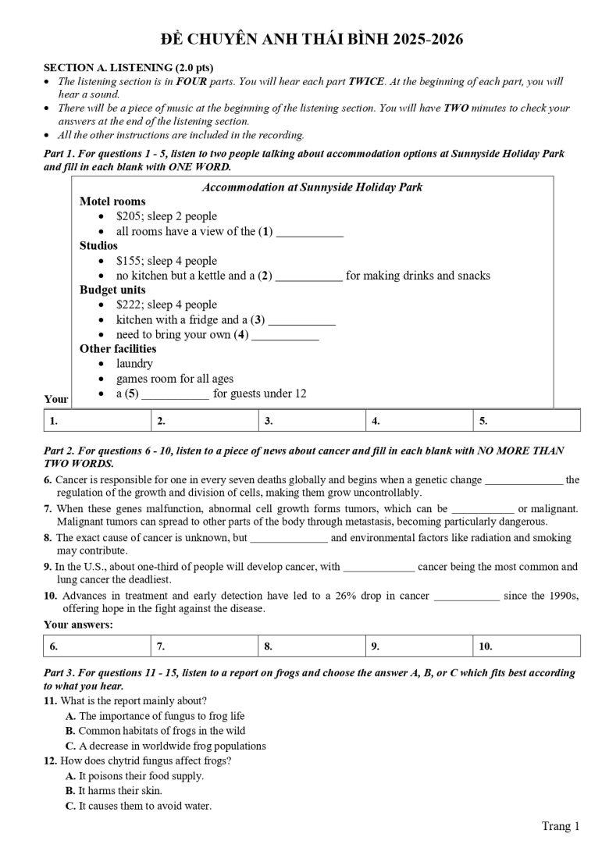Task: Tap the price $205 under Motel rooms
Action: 129,216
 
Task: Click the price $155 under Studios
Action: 129,261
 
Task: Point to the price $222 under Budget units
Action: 129,305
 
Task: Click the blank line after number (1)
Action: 310,233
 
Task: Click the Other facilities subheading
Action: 118,349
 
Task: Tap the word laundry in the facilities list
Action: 135,364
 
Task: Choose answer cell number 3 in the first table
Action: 312,421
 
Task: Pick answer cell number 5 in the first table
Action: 526,421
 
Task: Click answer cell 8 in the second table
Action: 312,646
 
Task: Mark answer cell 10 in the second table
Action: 526,646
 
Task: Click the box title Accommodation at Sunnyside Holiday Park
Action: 312,187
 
